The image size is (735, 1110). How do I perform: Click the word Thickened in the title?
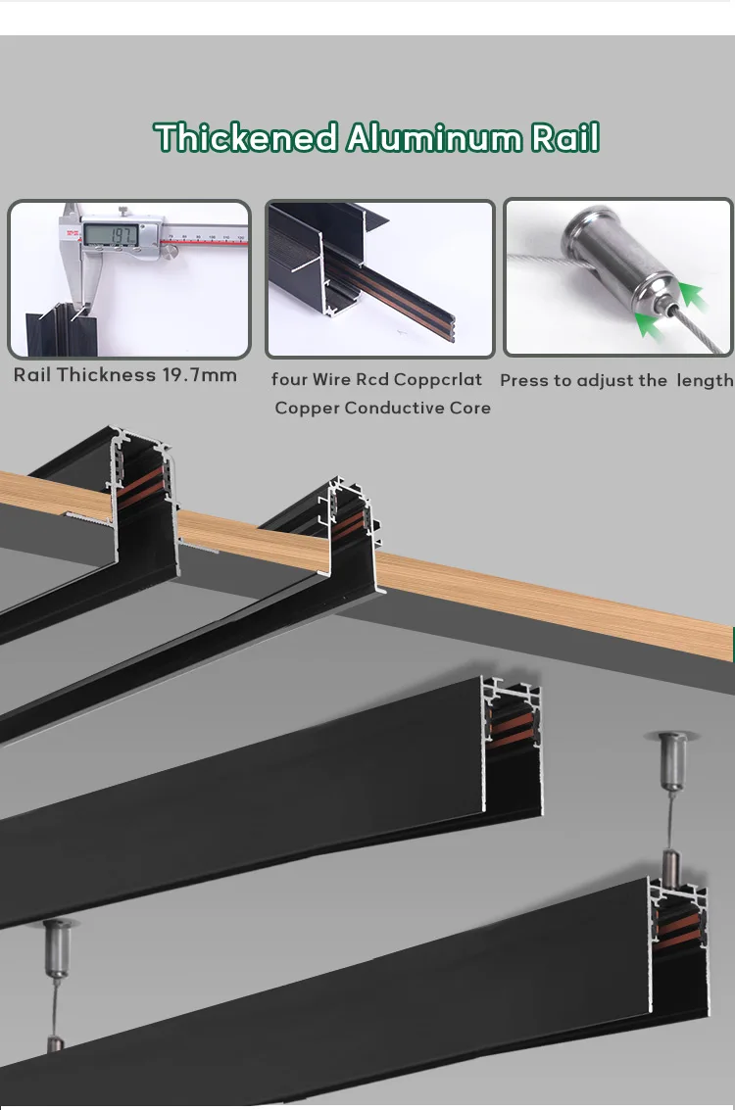pyautogui.click(x=246, y=137)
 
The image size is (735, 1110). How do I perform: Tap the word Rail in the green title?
pyautogui.click(x=565, y=137)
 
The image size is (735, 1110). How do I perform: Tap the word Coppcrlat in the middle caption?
pyautogui.click(x=438, y=379)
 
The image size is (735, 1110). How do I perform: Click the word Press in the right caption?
pyautogui.click(x=524, y=380)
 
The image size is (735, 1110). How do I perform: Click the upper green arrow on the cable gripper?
pyautogui.click(x=693, y=295)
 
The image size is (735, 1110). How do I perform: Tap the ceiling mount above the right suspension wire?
pyautogui.click(x=672, y=759)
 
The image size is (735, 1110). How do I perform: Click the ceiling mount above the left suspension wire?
pyautogui.click(x=57, y=947)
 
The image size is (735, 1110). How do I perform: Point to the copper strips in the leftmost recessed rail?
pyautogui.click(x=140, y=487)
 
